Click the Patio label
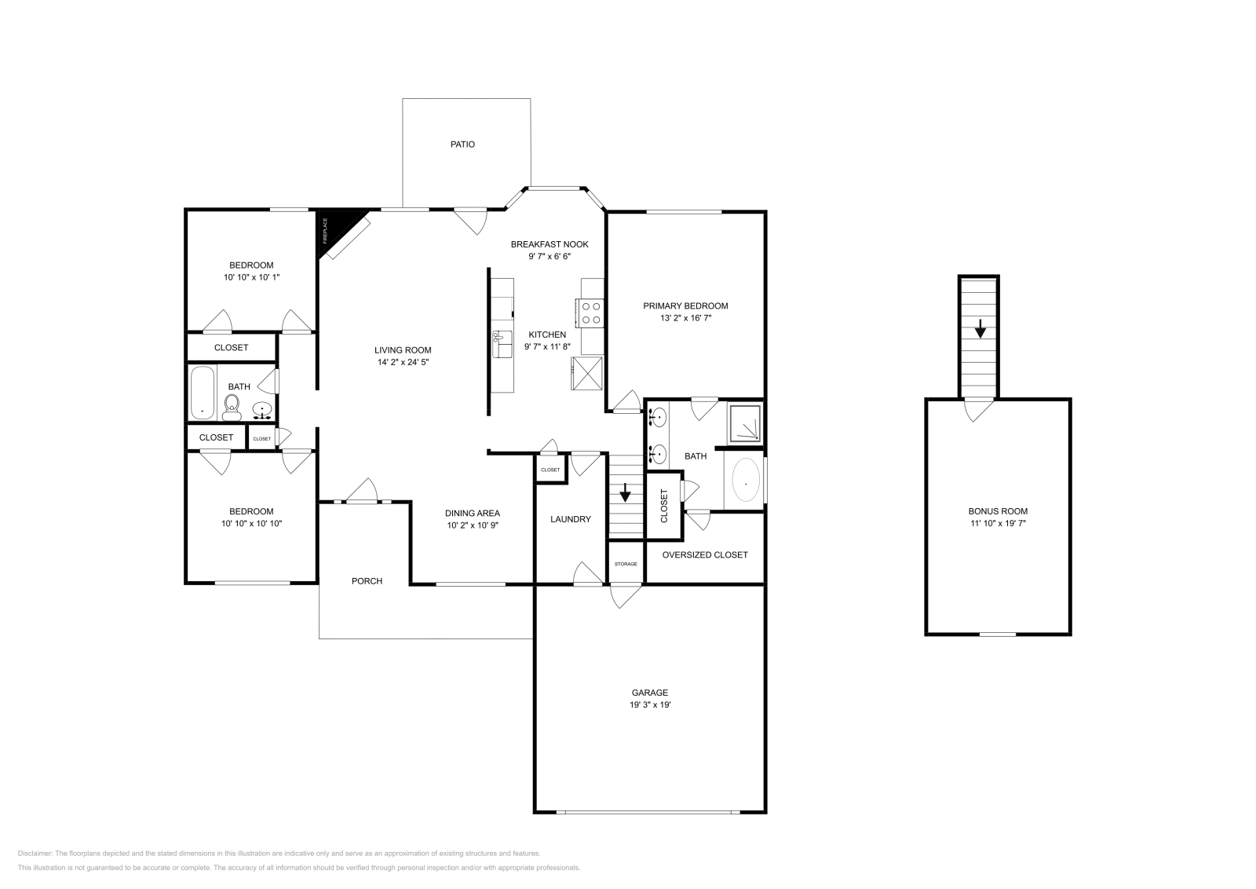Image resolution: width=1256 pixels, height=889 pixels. pos(462,145)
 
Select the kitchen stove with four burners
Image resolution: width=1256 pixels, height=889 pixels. pos(590,313)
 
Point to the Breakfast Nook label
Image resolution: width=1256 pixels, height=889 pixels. pos(549,244)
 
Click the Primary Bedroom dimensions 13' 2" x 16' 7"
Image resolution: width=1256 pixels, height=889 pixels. pos(685,319)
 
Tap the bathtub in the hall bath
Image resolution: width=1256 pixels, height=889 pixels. pos(203,393)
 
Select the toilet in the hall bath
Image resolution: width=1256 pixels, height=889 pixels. pos(232,406)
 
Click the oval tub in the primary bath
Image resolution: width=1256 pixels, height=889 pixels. pos(745,481)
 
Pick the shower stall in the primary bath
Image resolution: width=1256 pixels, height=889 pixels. pos(745,424)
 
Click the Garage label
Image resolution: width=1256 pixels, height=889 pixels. pos(650,693)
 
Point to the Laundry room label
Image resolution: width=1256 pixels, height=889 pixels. pos(571,519)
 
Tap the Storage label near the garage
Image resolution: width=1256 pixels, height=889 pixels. pos(626,564)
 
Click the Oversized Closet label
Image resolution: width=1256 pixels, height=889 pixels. pos(705,554)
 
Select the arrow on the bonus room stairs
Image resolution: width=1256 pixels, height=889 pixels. pos(980,329)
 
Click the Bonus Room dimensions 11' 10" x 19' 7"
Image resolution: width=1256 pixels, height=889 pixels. pos(998,523)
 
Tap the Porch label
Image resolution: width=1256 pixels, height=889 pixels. pos(367,581)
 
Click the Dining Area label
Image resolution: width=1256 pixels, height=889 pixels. pos(473,514)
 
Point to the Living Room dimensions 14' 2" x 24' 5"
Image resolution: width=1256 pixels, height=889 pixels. pos(403,363)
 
